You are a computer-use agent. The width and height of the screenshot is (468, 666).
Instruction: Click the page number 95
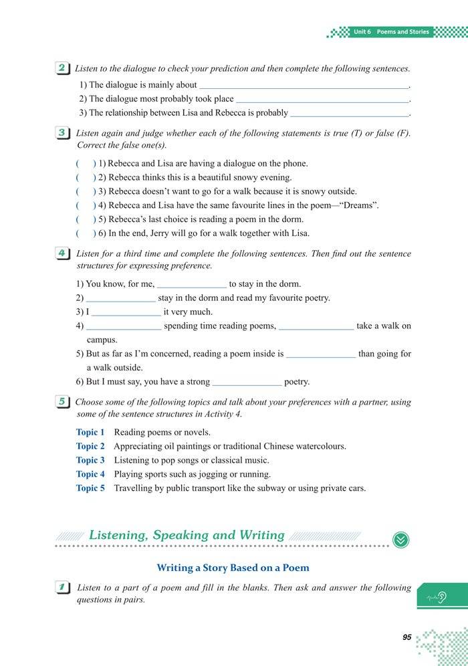(x=406, y=637)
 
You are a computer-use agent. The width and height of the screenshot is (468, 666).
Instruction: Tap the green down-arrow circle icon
(x=401, y=539)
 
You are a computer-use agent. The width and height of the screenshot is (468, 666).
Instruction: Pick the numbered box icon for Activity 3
(x=62, y=133)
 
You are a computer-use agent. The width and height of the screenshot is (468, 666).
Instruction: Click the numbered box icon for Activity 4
(x=62, y=253)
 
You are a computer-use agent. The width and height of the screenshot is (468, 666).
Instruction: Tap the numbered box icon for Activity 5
(x=62, y=402)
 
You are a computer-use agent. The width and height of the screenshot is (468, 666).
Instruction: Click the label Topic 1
(x=90, y=433)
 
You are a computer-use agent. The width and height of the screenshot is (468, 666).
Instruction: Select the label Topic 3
(x=90, y=461)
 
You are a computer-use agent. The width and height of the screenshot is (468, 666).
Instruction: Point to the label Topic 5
(x=90, y=489)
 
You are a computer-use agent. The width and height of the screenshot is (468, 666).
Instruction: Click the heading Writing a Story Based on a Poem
(x=233, y=568)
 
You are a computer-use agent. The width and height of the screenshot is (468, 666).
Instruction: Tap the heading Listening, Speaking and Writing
(x=187, y=535)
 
